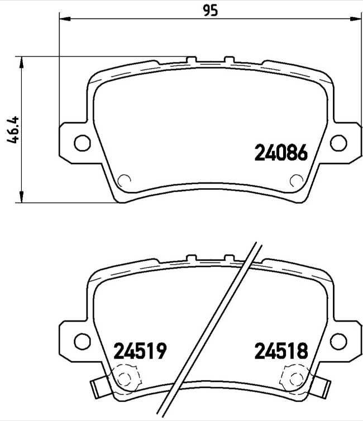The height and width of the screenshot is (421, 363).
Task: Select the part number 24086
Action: click(281, 152)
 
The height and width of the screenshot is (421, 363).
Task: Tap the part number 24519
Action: click(140, 351)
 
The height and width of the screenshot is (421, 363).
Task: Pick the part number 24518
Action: click(281, 351)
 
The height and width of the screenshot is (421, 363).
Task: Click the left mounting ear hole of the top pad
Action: click(82, 142)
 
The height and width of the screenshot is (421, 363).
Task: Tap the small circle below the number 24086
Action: click(297, 180)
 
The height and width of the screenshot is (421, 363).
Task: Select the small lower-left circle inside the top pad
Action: click(125, 180)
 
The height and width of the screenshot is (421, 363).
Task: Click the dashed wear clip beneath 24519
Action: click(125, 378)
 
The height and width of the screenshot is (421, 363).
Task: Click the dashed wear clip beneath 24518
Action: click(295, 378)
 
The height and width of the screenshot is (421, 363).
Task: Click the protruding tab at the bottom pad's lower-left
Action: click(98, 386)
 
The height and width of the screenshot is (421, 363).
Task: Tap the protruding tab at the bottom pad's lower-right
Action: click(322, 386)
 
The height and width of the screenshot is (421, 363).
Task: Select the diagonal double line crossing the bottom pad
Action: click(212, 329)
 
